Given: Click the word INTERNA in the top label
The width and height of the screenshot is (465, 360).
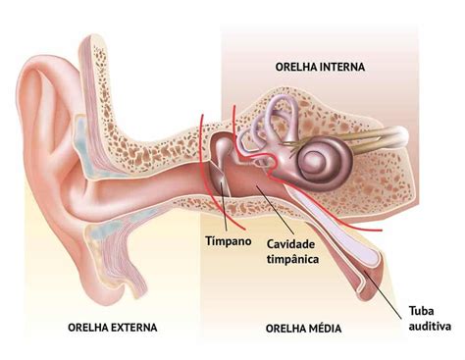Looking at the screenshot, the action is (342, 67).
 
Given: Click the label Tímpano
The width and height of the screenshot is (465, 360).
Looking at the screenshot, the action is (229, 241).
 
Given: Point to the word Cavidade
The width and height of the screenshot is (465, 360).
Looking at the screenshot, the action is (290, 244).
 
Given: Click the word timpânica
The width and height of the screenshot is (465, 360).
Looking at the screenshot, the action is (292, 259).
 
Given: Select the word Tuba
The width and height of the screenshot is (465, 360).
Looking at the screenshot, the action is (421, 311).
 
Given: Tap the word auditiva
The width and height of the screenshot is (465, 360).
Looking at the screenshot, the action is (430, 326).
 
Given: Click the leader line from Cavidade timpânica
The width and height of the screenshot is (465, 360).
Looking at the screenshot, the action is (275, 210).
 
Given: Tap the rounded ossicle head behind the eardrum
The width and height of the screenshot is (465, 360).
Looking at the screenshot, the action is (224, 145).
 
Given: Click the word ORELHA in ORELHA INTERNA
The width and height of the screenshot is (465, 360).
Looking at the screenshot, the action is (296, 67).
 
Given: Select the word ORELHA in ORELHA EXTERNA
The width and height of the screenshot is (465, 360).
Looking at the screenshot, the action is (89, 328).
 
